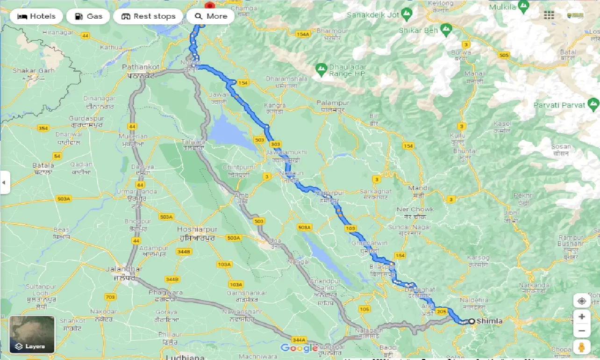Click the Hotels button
click(x=36, y=16)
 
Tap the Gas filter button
click(x=88, y=16)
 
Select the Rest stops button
click(x=148, y=16)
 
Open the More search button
click(x=210, y=16)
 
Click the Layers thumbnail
click(x=32, y=334)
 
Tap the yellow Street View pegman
click(x=581, y=347)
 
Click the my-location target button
click(x=581, y=301)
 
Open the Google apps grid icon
click(x=549, y=15)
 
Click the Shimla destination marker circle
click(x=471, y=321)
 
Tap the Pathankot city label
click(x=141, y=67)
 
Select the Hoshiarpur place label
click(x=197, y=230)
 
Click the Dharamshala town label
click(x=286, y=79)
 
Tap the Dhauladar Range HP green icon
click(x=321, y=70)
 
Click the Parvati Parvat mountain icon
click(x=593, y=102)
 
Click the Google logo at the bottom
click(x=299, y=348)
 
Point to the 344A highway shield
click(x=299, y=340)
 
